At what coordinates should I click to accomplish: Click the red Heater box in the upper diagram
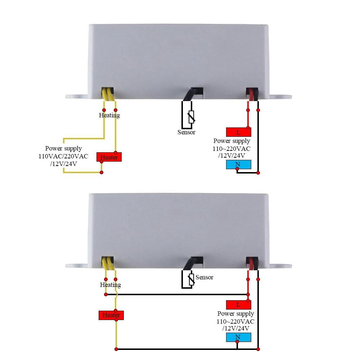[x=109, y=157]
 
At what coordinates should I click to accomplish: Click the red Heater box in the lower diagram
[x=111, y=315]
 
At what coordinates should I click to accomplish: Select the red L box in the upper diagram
[x=238, y=132]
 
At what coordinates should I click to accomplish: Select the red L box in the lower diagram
[x=238, y=305]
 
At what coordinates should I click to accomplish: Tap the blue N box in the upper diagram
[x=238, y=165]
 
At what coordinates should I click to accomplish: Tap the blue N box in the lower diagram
[x=238, y=337]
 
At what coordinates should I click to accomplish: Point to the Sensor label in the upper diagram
[x=186, y=132]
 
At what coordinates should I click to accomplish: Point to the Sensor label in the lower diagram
[x=204, y=277]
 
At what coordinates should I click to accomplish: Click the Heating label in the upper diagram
[x=109, y=115]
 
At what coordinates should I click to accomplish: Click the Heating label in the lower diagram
[x=111, y=285]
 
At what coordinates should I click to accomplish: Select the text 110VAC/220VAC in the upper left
[x=63, y=156]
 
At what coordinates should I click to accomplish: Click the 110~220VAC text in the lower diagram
[x=235, y=321]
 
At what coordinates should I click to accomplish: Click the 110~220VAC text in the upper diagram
[x=232, y=148]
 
